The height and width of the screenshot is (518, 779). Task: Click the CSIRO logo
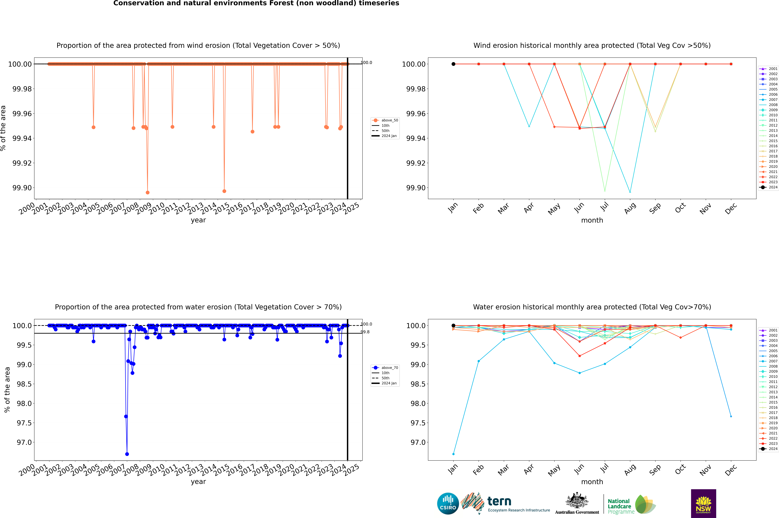pos(448,503)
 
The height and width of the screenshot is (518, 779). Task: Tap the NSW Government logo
pos(703,503)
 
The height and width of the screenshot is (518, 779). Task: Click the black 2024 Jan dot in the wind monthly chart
pos(453,64)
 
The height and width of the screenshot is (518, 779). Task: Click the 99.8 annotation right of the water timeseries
pos(365,332)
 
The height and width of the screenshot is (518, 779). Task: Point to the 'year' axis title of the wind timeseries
pos(198,220)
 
